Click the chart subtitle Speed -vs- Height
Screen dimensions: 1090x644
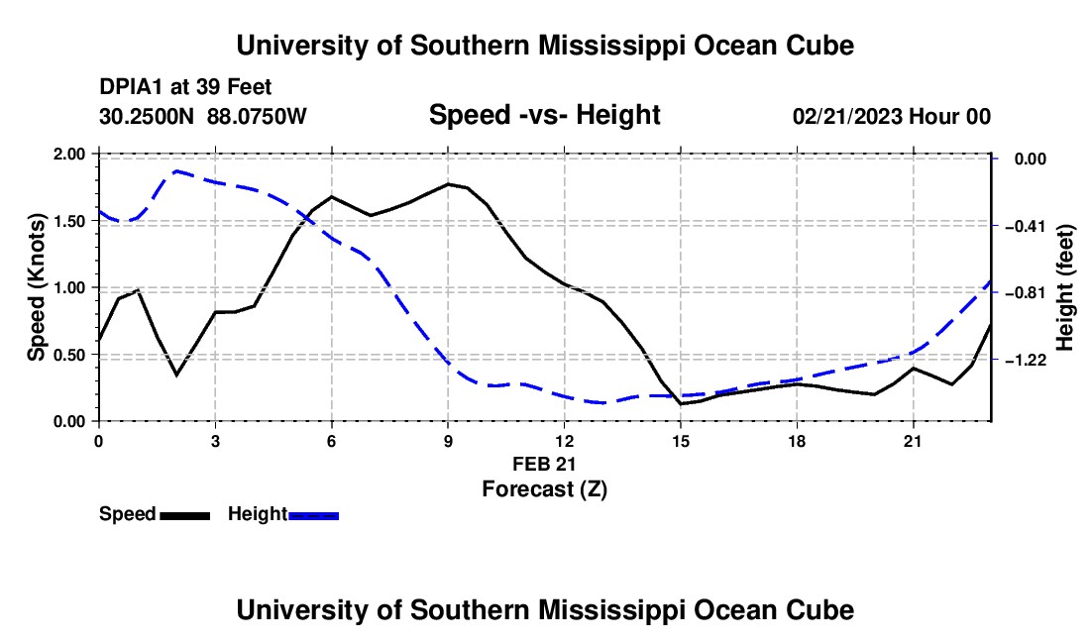tap(544, 115)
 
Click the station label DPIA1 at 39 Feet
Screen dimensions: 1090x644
tap(185, 87)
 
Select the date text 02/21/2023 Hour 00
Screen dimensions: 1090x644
tap(892, 117)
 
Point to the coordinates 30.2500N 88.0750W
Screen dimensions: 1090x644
tap(202, 117)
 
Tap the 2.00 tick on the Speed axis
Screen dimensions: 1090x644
tap(68, 155)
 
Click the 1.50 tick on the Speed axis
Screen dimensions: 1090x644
tap(68, 221)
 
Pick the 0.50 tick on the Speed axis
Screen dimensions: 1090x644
tap(68, 355)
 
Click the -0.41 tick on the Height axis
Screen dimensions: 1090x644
tap(1026, 226)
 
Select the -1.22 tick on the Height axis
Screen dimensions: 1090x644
tap(1026, 360)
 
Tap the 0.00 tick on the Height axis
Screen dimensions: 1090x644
tap(1031, 160)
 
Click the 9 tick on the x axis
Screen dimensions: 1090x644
tap(448, 441)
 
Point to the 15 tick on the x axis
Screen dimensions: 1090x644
tap(681, 441)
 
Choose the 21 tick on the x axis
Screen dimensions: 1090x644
tap(913, 441)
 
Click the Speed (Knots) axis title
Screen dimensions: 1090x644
tap(36, 287)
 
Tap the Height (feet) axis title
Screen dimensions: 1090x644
tap(1064, 287)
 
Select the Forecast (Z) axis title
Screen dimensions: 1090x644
tap(544, 489)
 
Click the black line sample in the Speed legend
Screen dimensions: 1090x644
tap(185, 516)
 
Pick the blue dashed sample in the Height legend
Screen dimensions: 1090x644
tap(313, 516)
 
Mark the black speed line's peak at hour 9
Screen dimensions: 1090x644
tap(448, 184)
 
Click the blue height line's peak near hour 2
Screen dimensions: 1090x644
tap(176, 170)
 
